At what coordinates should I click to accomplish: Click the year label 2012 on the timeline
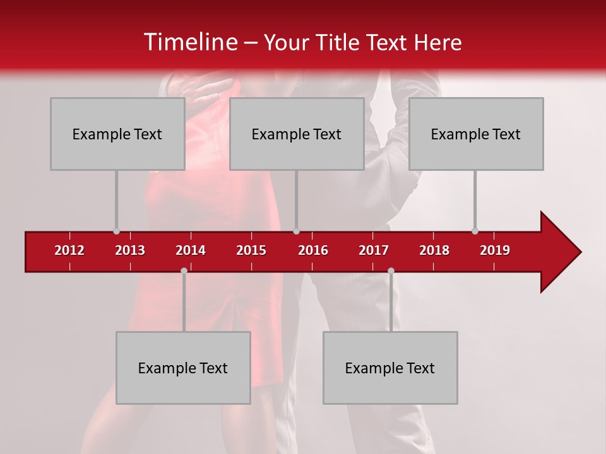pyautogui.click(x=69, y=250)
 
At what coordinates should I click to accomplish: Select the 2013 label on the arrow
pyautogui.click(x=130, y=250)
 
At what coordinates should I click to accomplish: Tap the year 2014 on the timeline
pyautogui.click(x=191, y=250)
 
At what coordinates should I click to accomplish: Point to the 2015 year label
pyautogui.click(x=251, y=250)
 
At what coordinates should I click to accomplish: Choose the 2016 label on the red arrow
pyautogui.click(x=313, y=250)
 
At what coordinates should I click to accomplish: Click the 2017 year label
pyautogui.click(x=374, y=250)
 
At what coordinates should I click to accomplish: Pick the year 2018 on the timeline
pyautogui.click(x=434, y=250)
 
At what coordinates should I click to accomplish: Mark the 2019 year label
pyautogui.click(x=495, y=250)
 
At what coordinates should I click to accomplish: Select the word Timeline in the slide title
pyautogui.click(x=190, y=42)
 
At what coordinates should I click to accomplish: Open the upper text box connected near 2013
pyautogui.click(x=117, y=134)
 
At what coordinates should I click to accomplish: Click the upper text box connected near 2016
pyautogui.click(x=297, y=134)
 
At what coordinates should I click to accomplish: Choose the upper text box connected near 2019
pyautogui.click(x=476, y=134)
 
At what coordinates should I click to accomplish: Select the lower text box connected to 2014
pyautogui.click(x=183, y=368)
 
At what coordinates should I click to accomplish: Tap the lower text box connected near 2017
pyautogui.click(x=390, y=368)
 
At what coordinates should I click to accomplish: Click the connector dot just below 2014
pyautogui.click(x=184, y=271)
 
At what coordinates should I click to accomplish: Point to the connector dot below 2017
pyautogui.click(x=391, y=271)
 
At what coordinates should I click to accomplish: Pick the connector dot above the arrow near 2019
pyautogui.click(x=475, y=231)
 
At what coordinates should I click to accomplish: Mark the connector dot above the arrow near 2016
pyautogui.click(x=297, y=231)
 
